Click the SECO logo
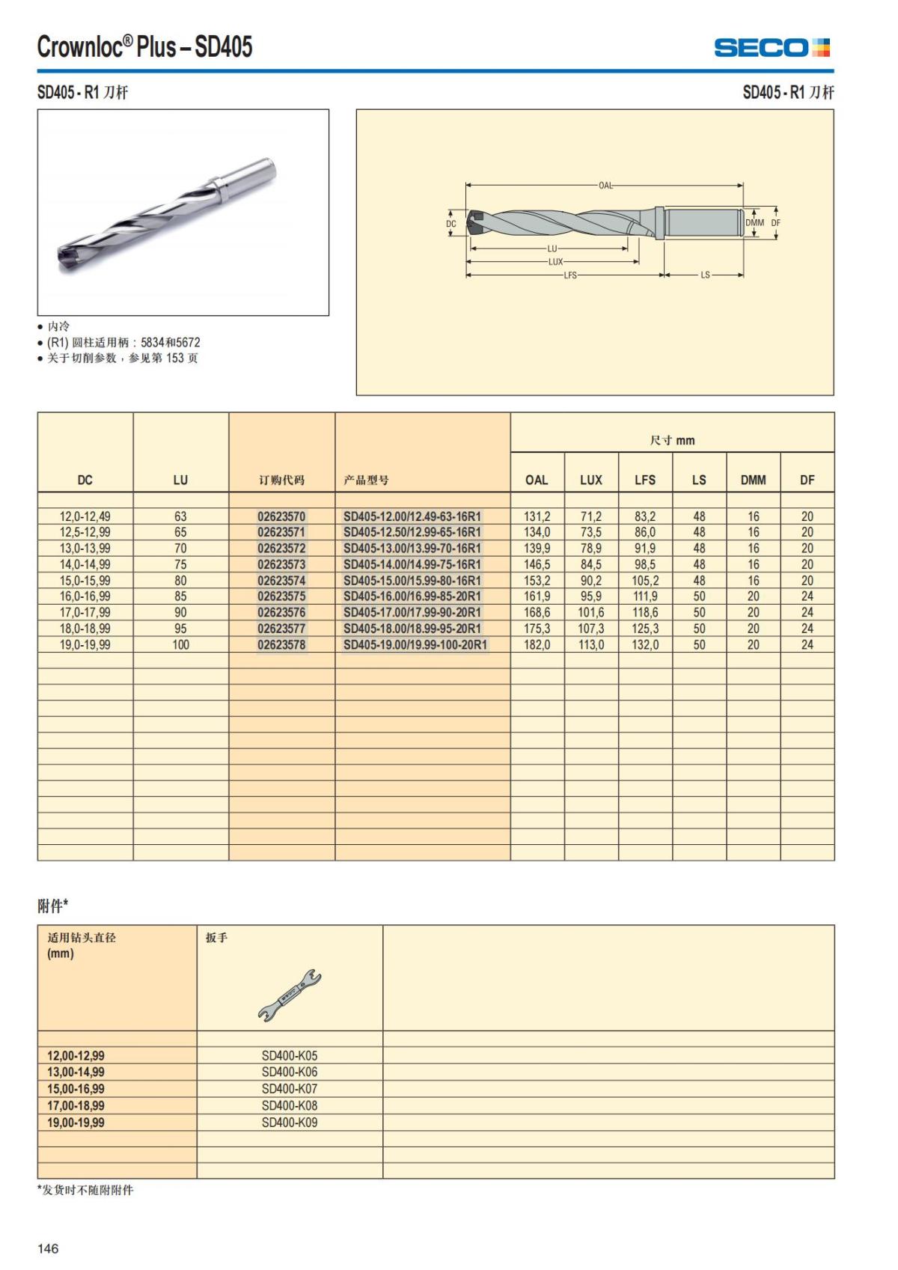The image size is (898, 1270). [772, 48]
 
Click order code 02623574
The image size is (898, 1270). [281, 581]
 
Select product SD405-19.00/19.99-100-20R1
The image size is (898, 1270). [415, 645]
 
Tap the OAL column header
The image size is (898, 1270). [537, 480]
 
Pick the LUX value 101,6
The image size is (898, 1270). [590, 613]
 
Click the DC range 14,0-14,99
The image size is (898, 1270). [85, 565]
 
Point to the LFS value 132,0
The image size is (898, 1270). [645, 645]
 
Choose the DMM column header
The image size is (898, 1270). [753, 480]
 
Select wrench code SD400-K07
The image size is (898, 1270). [290, 1089]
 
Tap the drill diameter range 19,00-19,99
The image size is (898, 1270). [76, 1123]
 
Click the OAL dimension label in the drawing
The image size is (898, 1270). [605, 186]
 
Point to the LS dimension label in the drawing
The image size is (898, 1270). [705, 275]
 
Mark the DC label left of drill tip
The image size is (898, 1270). [451, 224]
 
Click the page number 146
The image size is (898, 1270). [48, 1248]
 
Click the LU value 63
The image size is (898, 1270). [180, 517]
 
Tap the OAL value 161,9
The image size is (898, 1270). [537, 597]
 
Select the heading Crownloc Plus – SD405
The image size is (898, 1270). [145, 47]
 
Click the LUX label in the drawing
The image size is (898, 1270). [555, 262]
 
